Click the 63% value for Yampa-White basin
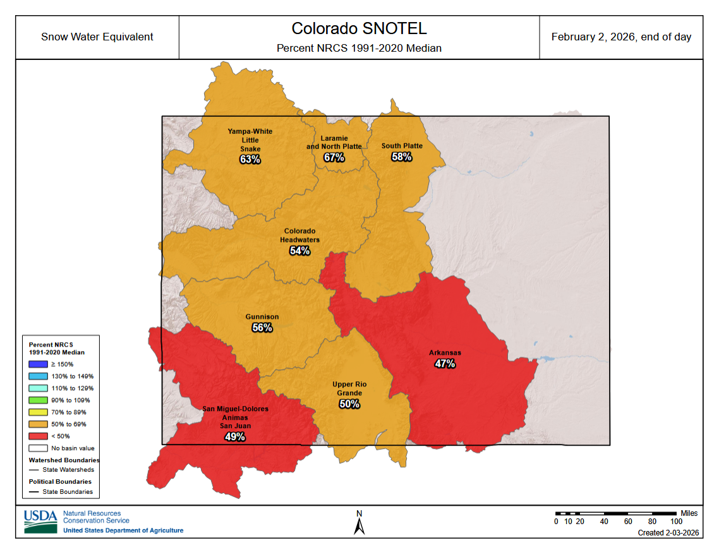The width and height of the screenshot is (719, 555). (250, 160)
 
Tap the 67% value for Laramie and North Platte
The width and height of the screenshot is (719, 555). (334, 157)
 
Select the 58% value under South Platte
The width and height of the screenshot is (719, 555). (401, 157)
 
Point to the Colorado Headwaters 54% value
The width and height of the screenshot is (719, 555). (299, 251)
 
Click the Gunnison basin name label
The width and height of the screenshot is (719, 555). (262, 317)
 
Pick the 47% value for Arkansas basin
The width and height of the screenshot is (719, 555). (445, 364)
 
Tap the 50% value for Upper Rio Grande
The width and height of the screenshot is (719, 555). (349, 403)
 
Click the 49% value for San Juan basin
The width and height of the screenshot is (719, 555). (234, 436)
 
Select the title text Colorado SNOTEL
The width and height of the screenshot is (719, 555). (359, 29)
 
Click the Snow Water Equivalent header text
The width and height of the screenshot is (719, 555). (97, 37)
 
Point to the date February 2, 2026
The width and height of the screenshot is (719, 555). (621, 37)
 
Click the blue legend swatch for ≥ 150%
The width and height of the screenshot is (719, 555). (38, 364)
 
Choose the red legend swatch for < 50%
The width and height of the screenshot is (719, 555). (38, 436)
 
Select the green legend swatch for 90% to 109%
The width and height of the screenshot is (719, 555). (38, 400)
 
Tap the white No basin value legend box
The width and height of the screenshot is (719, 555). (38, 448)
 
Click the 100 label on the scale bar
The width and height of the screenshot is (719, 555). (676, 522)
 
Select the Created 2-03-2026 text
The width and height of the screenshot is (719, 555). (668, 533)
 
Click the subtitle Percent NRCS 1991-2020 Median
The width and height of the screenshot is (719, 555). (359, 48)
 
